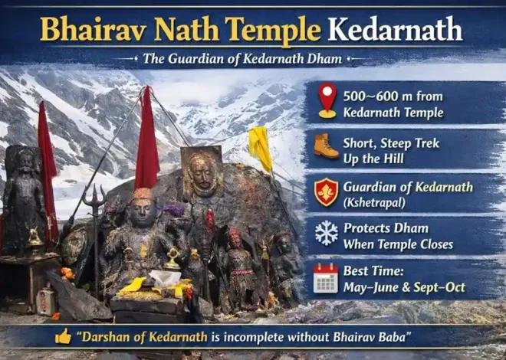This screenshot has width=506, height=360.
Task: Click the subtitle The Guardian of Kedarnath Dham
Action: pyautogui.click(x=252, y=59)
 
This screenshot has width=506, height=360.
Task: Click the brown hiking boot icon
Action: pyautogui.click(x=326, y=146)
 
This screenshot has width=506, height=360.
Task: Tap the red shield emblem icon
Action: pyautogui.click(x=327, y=191)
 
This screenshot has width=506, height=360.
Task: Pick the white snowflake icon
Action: pyautogui.click(x=327, y=233)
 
